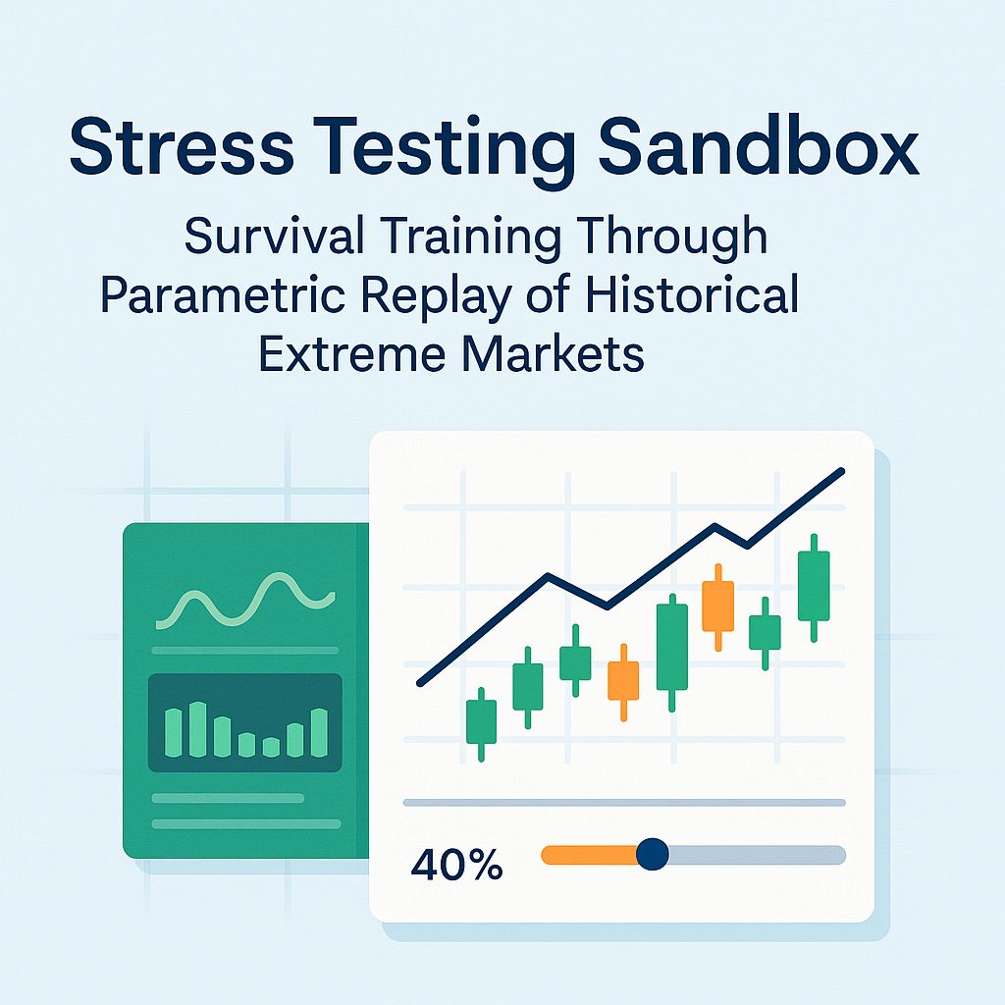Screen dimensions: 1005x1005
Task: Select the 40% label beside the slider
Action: pos(456,865)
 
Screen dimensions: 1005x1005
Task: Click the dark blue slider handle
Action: pos(652,854)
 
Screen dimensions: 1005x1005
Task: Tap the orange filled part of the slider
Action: pos(589,855)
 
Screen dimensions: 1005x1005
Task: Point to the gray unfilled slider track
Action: pos(756,855)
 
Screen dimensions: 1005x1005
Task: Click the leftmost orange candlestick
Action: pos(623,680)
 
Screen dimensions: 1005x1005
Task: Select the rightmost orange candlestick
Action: pos(718,606)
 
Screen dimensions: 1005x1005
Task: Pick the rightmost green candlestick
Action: pos(814,586)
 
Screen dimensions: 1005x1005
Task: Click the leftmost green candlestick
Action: pos(481,722)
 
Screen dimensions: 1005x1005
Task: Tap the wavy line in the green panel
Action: pos(245,601)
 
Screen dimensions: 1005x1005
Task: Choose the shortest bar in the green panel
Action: pos(270,747)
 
